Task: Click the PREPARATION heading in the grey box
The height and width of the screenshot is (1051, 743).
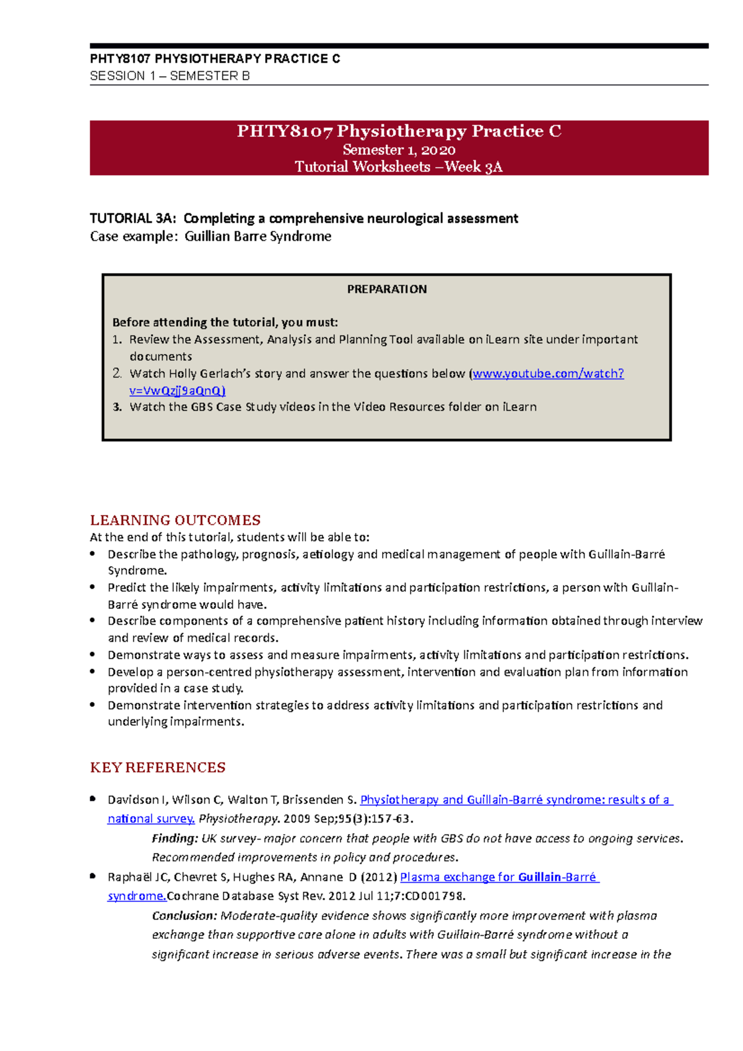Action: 386,289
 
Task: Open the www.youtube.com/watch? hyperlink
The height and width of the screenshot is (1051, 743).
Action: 548,373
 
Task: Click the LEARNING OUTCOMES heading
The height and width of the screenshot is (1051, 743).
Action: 175,520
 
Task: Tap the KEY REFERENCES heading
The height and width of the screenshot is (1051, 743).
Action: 157,768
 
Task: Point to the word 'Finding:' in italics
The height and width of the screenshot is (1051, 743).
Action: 175,839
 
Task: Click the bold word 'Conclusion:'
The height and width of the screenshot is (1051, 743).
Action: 185,915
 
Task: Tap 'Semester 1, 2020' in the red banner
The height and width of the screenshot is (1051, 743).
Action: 399,150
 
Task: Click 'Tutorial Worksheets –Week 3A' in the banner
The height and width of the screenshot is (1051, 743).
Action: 399,167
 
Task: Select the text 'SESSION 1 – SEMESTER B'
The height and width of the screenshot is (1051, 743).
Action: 170,76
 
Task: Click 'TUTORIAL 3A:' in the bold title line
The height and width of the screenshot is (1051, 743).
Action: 133,218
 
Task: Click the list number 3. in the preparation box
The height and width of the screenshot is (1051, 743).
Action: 117,407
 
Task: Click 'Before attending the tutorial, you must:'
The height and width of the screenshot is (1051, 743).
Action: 225,322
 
